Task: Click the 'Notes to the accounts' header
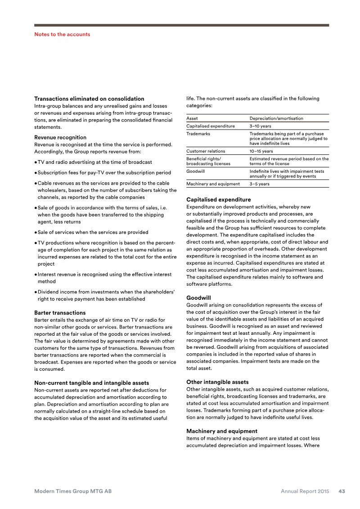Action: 62,34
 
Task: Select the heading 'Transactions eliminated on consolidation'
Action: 89,99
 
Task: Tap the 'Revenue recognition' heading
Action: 60,137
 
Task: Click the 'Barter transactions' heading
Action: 60,312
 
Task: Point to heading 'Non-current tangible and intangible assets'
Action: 91,383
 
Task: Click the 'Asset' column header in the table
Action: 193,118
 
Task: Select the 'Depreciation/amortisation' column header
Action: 276,118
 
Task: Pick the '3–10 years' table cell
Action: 260,126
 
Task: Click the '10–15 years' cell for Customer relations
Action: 261,151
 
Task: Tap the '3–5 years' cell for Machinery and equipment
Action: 260,184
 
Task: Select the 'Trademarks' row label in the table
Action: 198,134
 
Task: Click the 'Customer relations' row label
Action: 206,151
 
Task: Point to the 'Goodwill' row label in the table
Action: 196,171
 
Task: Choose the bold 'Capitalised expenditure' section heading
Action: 218,199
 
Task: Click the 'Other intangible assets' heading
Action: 217,382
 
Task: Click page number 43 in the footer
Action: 342,491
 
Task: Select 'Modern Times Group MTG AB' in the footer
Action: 73,491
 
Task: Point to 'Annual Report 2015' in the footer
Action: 305,491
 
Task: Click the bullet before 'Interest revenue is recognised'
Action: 36,275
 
